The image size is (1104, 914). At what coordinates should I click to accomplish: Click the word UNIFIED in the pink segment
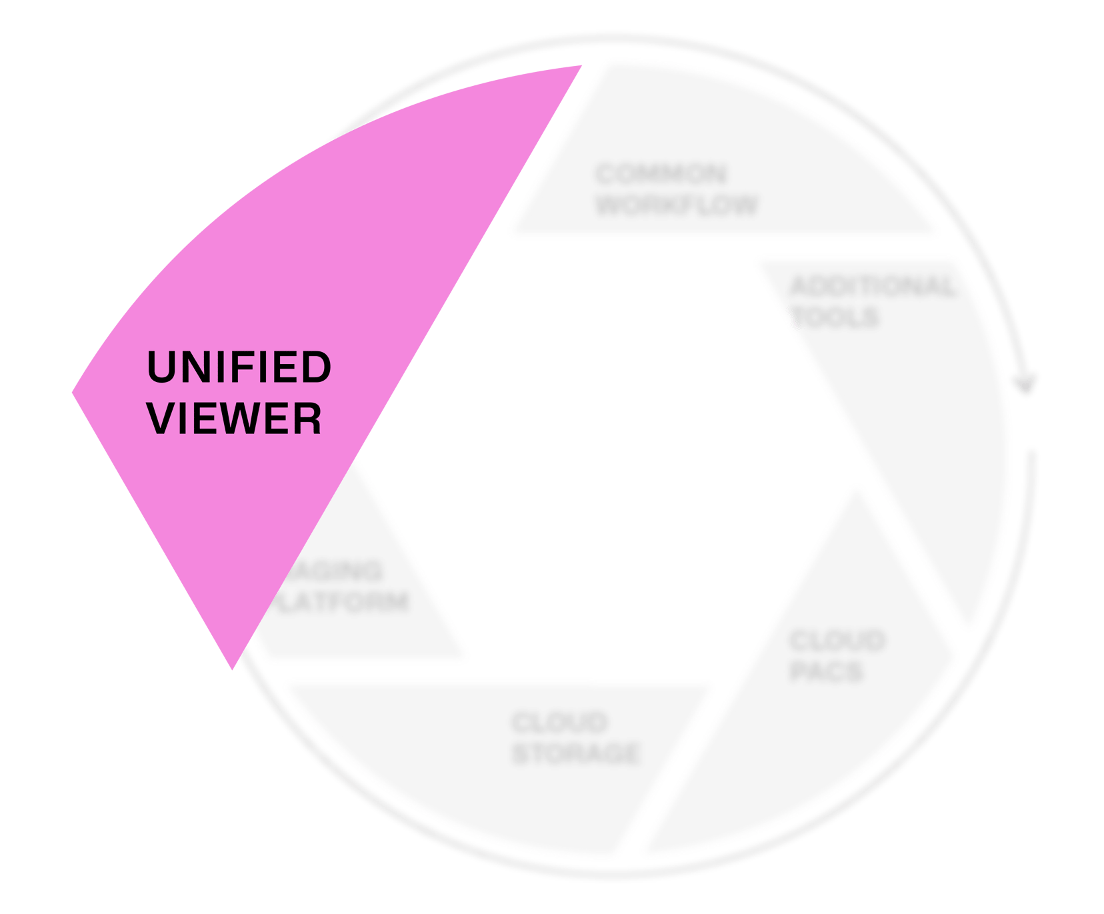pos(239,367)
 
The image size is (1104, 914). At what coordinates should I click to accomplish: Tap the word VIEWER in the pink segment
pos(235,419)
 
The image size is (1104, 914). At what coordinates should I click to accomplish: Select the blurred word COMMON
pos(661,174)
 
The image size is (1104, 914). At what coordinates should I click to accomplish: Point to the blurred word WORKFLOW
pos(677,204)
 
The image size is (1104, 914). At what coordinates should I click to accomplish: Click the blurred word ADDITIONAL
pos(872,287)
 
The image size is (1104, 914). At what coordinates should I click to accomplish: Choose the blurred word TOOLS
pos(835,317)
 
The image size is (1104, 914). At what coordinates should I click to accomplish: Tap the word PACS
pos(826,671)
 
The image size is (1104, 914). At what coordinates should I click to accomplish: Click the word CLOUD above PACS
pos(837,641)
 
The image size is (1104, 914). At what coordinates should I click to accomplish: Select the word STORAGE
pos(576,753)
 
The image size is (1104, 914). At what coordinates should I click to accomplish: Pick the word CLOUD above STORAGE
pos(560,723)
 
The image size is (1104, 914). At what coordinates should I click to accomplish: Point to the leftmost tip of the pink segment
pos(73,392)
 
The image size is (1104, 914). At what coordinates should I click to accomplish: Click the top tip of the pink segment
pos(581,66)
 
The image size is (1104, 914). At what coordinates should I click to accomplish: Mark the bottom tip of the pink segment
pos(232,668)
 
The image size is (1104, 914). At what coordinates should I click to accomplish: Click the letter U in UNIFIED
pos(161,367)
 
